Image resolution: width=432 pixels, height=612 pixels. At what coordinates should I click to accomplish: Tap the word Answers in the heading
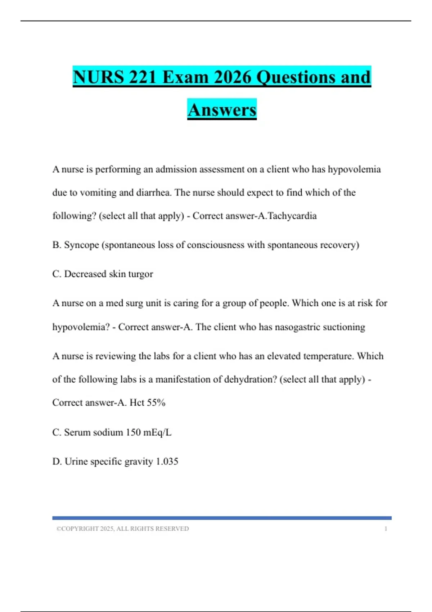[222, 110]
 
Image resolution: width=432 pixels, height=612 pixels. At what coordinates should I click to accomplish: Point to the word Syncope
[81, 245]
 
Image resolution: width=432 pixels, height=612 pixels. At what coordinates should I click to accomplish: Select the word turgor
[141, 274]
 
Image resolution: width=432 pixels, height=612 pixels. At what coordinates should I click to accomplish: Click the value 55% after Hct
[156, 402]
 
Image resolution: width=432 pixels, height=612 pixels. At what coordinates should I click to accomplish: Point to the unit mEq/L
[157, 432]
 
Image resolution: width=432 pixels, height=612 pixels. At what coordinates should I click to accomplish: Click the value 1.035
[167, 461]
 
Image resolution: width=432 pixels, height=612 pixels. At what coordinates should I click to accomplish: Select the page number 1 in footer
[386, 529]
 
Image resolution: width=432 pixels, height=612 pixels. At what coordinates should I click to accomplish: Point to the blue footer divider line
[222, 518]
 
